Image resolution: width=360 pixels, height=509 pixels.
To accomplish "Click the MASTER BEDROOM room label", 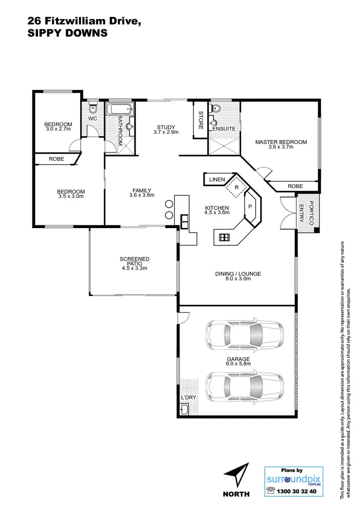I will coord(281,142).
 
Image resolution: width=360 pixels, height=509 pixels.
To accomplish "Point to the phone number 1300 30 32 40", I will coord(299,491).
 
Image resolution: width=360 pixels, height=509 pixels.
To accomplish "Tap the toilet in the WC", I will coord(92,106).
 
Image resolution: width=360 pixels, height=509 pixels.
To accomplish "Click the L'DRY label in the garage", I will coord(188,397).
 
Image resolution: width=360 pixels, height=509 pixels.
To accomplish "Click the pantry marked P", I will coord(250,206).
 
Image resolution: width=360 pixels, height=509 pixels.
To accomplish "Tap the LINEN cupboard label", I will coord(217,180).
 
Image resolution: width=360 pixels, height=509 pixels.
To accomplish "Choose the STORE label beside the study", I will coord(200,120).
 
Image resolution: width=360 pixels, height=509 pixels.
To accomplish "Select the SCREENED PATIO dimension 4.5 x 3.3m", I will coord(134,268).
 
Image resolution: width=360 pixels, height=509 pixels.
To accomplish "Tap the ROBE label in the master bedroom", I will coord(295,186).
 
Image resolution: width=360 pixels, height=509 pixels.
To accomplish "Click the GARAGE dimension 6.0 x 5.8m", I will coord(238,364).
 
